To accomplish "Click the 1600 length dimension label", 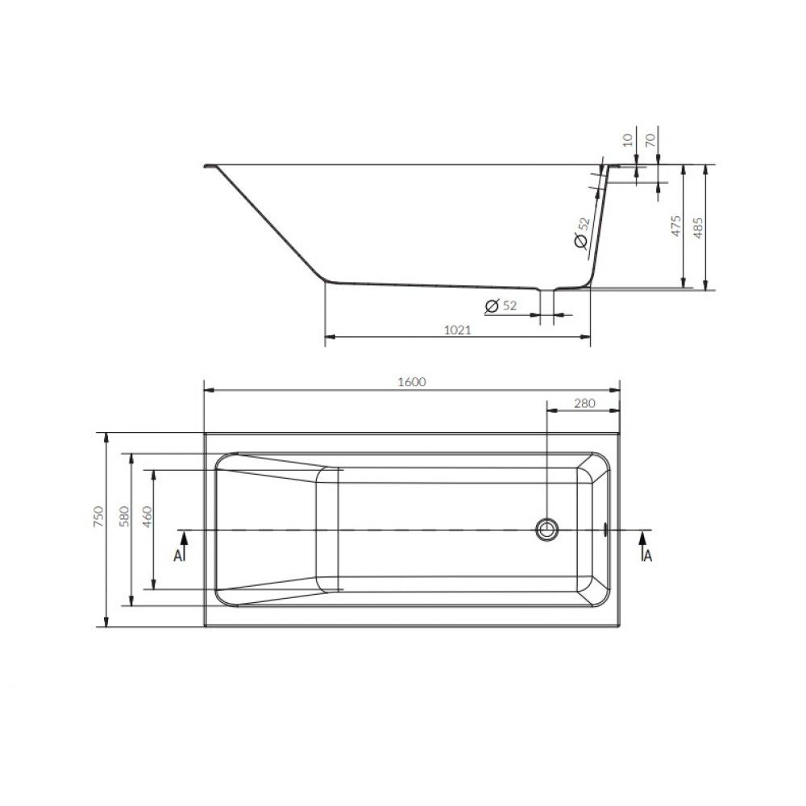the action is [412, 382].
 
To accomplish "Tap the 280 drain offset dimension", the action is [584, 403].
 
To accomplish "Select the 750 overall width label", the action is [98, 516].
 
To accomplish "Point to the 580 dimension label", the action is [124, 516].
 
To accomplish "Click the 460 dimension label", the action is [147, 516].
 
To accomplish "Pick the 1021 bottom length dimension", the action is [458, 330].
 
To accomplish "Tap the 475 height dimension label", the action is [676, 226].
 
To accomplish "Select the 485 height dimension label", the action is [697, 228].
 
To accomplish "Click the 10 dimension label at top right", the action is [628, 139].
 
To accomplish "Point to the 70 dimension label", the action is [650, 139].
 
